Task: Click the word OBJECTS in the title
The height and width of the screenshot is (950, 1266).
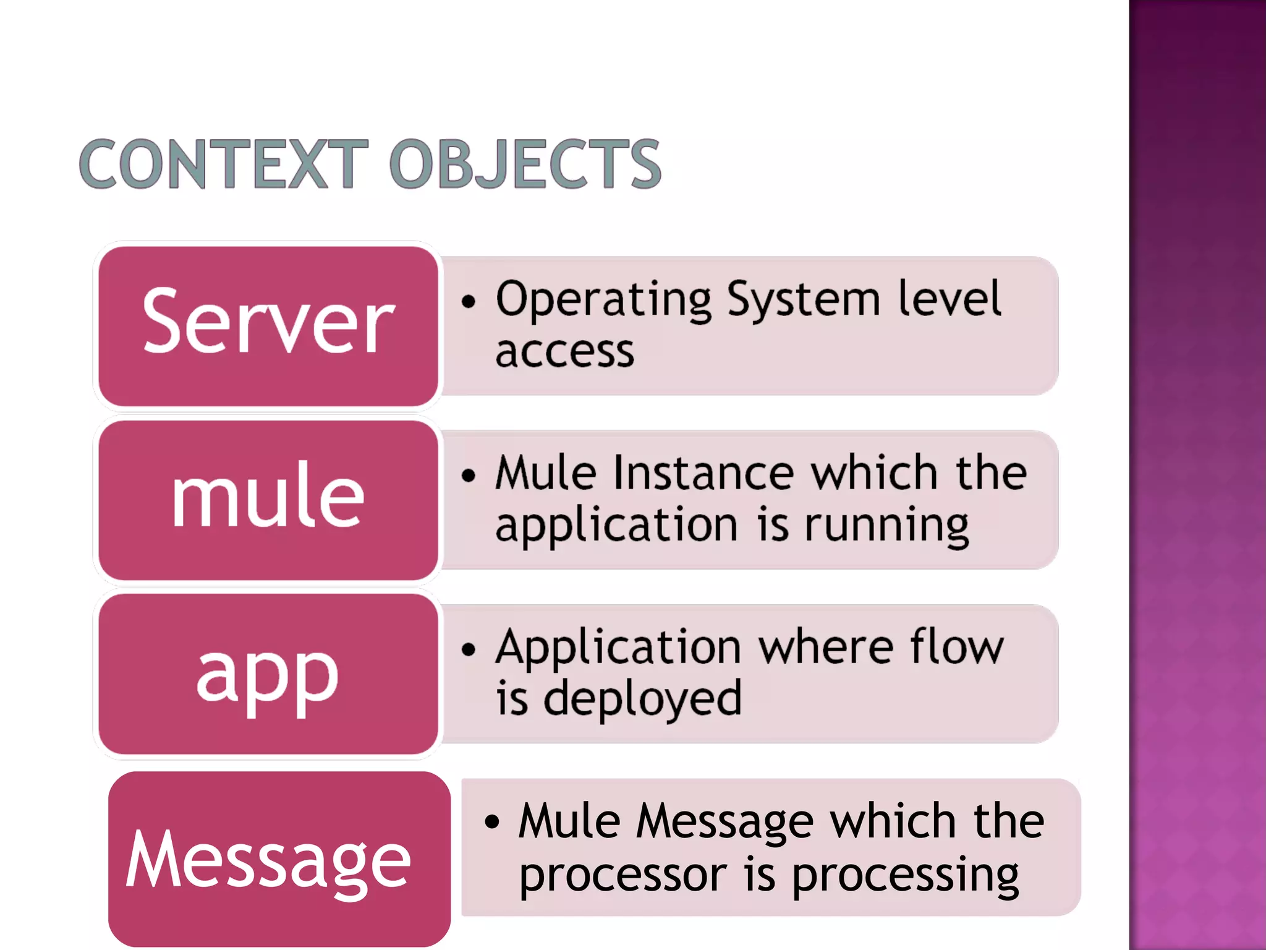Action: (x=525, y=164)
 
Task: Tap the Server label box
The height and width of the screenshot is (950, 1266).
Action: (x=268, y=326)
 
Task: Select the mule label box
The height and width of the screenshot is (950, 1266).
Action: (x=268, y=500)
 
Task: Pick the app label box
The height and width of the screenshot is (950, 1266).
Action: (x=268, y=674)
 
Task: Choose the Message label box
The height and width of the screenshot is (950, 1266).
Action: (x=279, y=858)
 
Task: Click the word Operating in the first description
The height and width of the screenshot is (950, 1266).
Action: (x=604, y=301)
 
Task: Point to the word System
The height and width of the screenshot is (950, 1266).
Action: (x=803, y=301)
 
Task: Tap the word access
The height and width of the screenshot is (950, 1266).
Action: (x=564, y=352)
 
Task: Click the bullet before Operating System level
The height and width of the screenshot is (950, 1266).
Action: (x=469, y=302)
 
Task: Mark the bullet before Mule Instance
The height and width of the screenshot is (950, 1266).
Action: (x=469, y=476)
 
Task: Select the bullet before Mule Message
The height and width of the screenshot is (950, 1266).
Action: (x=492, y=822)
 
